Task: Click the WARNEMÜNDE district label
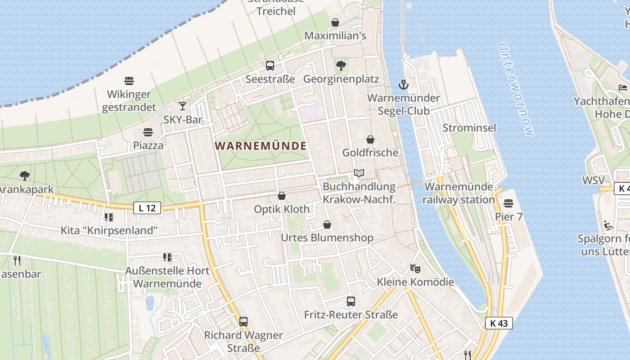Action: (x=261, y=146)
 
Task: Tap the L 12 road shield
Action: (x=147, y=208)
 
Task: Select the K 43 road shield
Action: (x=499, y=323)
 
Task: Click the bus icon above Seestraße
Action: (x=270, y=66)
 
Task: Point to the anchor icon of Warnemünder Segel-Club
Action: (x=404, y=84)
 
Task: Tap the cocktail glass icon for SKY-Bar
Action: (x=182, y=106)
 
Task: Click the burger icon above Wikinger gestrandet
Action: (x=129, y=81)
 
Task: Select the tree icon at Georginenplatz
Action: (x=341, y=66)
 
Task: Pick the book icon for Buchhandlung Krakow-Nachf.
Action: (x=359, y=173)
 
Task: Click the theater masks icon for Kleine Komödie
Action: (x=415, y=269)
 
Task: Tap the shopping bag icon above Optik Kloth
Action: (x=282, y=196)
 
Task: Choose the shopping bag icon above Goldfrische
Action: (x=370, y=139)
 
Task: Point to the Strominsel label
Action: (x=469, y=128)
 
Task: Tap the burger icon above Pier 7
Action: (x=508, y=203)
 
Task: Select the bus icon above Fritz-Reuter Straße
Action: (x=351, y=301)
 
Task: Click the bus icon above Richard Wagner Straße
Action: (x=243, y=322)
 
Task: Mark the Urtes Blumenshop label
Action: (x=327, y=238)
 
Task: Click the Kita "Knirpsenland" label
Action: (x=109, y=231)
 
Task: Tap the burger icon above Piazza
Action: (x=148, y=132)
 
